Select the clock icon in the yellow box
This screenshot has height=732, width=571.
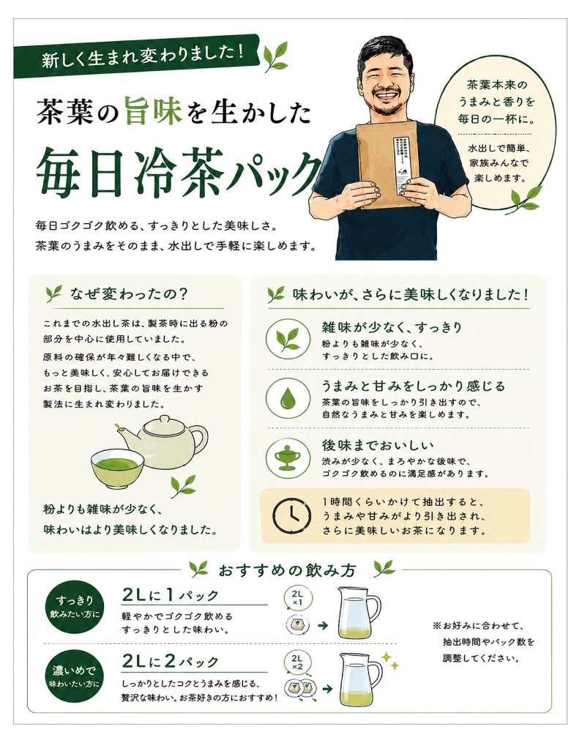click(291, 515)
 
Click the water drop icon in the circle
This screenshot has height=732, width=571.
click(288, 397)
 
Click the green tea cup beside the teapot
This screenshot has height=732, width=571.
click(117, 468)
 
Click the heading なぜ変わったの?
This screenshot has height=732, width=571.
click(129, 294)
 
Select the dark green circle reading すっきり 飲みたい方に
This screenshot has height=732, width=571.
click(75, 606)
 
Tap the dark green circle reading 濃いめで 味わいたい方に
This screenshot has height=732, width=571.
click(75, 676)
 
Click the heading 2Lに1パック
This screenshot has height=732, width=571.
click(171, 594)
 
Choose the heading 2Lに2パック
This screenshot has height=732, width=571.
click(171, 661)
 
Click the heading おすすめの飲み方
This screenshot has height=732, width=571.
click(287, 570)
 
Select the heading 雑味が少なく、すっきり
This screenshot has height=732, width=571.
click(392, 327)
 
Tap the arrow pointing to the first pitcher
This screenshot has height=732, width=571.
click(323, 626)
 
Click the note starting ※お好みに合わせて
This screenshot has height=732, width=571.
click(484, 642)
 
